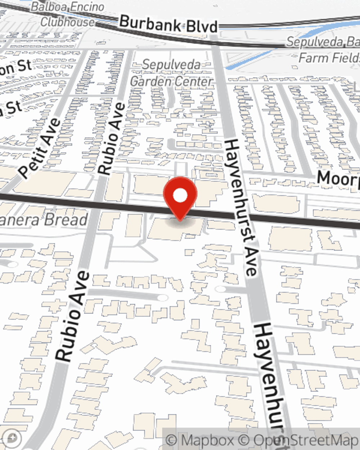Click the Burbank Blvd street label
[168, 24]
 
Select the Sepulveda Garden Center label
[171, 73]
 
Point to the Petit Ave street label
[40, 148]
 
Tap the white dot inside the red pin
[180, 195]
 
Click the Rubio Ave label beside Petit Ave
[112, 139]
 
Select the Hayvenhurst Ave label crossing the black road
[241, 207]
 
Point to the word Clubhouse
[67, 22]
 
